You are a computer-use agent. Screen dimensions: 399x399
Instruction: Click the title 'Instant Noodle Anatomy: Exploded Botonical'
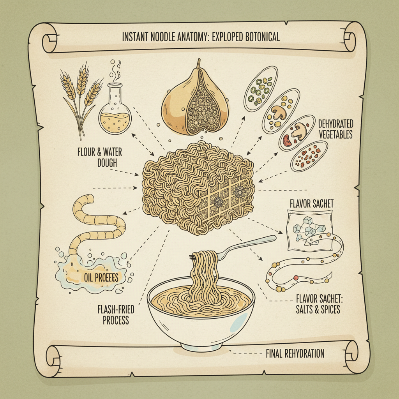[200, 37]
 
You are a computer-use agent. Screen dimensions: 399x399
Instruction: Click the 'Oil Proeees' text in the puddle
[101, 277]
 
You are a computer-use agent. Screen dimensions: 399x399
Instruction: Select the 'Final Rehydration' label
[295, 353]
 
